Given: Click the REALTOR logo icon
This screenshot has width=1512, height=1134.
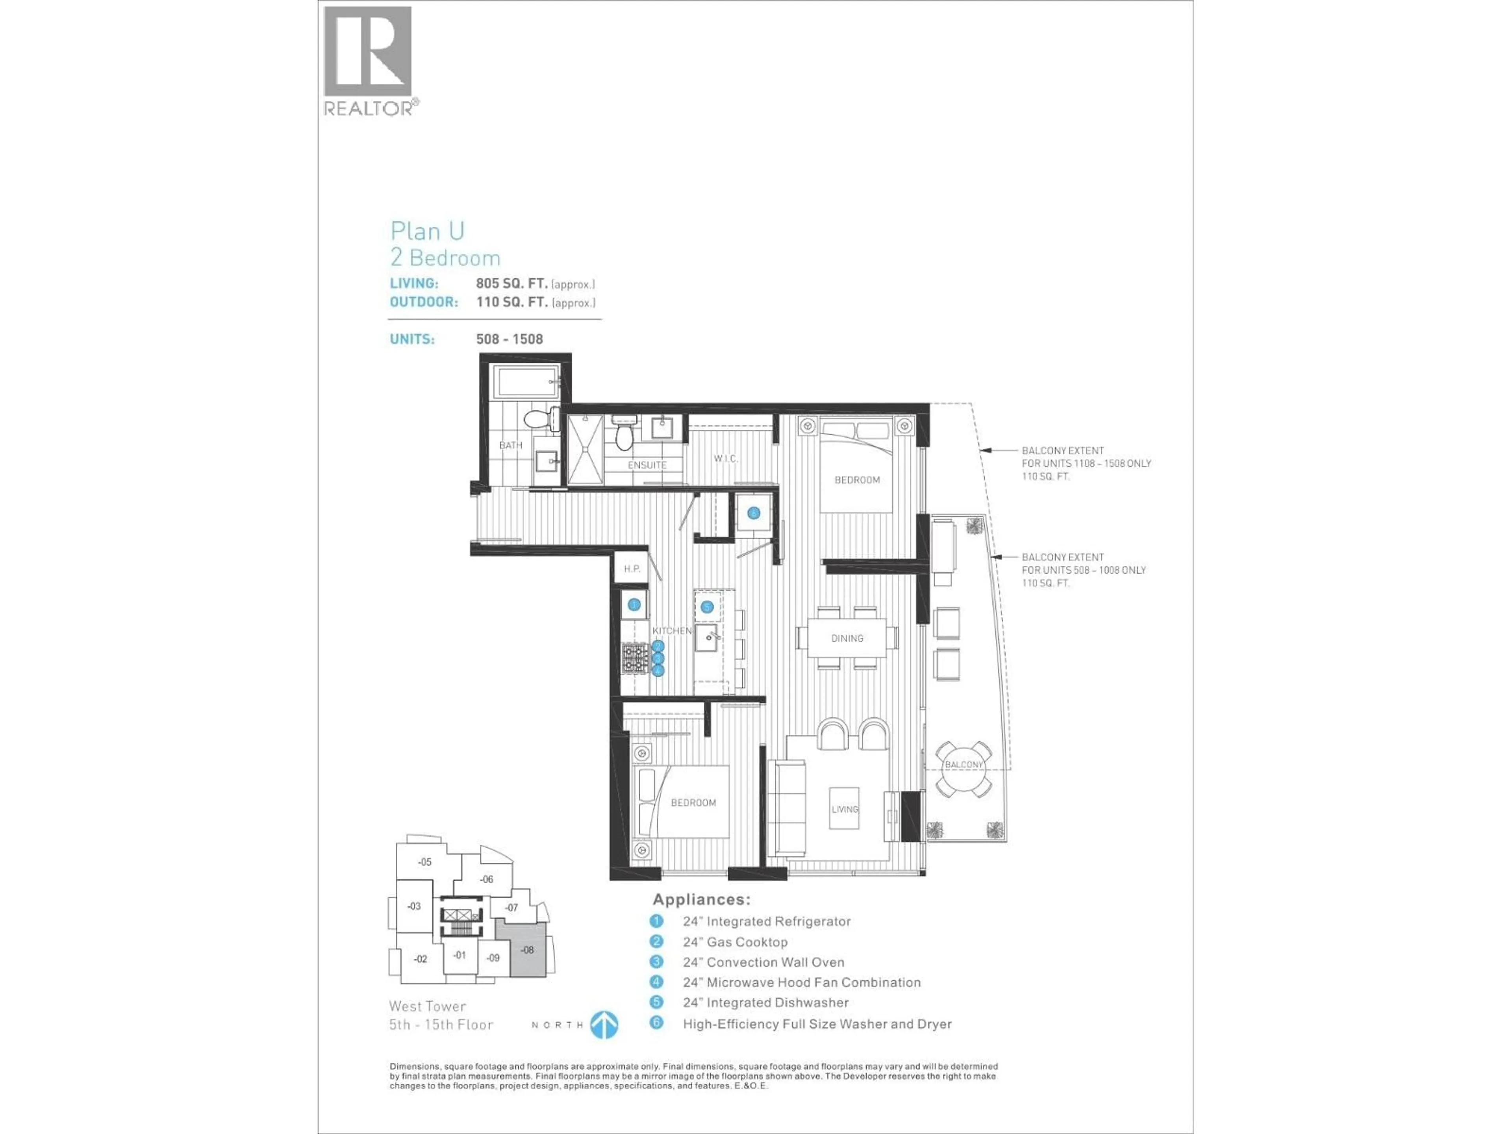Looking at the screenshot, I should pyautogui.click(x=368, y=52).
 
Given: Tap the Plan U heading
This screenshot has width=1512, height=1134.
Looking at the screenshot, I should pyautogui.click(x=427, y=231).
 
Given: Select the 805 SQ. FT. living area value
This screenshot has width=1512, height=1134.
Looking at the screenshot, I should pyautogui.click(x=511, y=283).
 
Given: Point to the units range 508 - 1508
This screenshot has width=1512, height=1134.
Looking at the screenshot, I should pyautogui.click(x=509, y=339).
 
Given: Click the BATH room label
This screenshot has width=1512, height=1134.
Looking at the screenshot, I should pyautogui.click(x=511, y=445).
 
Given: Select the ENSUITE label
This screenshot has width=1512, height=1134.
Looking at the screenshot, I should pyautogui.click(x=647, y=465).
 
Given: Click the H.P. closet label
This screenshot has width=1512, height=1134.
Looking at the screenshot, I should pyautogui.click(x=632, y=569).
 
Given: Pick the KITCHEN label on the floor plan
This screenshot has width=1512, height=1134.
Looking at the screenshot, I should pyautogui.click(x=671, y=630).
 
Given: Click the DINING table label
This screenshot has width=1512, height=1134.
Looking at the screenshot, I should pyautogui.click(x=847, y=638).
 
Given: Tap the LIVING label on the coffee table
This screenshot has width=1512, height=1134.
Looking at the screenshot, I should pyautogui.click(x=844, y=809).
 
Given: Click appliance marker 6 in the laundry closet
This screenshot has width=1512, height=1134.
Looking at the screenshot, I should pyautogui.click(x=753, y=513).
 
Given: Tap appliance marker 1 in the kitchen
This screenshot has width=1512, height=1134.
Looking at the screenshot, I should pyautogui.click(x=634, y=604).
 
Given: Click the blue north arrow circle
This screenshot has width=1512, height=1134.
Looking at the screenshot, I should pyautogui.click(x=604, y=1025).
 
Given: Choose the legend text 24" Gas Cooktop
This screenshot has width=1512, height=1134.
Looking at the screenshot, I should pyautogui.click(x=735, y=942).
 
